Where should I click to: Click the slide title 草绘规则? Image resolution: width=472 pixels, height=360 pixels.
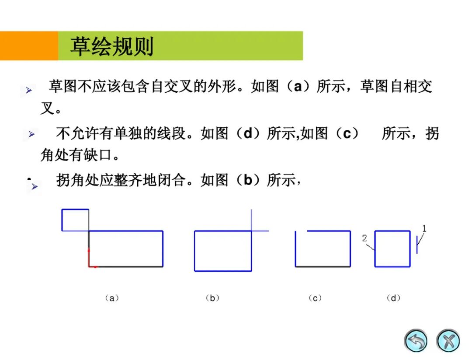(x=112, y=46)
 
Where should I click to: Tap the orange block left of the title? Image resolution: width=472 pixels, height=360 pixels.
(x=29, y=46)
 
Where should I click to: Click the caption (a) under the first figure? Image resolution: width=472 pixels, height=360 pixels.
(x=112, y=298)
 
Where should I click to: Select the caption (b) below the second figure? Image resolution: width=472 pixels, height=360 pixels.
(x=212, y=298)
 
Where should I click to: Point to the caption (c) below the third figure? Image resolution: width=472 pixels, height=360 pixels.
(x=315, y=298)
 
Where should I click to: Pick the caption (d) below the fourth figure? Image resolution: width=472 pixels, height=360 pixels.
(x=393, y=298)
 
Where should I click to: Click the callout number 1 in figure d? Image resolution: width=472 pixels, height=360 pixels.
(x=424, y=228)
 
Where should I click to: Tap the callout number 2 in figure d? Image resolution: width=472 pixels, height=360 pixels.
(x=364, y=238)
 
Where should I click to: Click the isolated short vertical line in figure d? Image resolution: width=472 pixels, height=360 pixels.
(x=417, y=245)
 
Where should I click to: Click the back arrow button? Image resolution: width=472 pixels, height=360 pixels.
(x=416, y=341)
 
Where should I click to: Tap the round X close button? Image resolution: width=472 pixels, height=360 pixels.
(x=448, y=341)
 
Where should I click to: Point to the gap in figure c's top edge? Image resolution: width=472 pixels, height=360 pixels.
(x=301, y=231)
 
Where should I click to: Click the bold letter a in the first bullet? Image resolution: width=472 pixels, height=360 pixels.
(x=298, y=87)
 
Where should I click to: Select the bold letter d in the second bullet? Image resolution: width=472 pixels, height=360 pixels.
(x=248, y=133)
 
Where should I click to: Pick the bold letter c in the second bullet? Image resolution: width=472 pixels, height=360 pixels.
(x=347, y=133)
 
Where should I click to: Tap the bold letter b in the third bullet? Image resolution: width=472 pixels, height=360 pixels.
(x=248, y=180)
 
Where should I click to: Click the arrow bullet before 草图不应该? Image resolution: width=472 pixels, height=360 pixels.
(x=28, y=90)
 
